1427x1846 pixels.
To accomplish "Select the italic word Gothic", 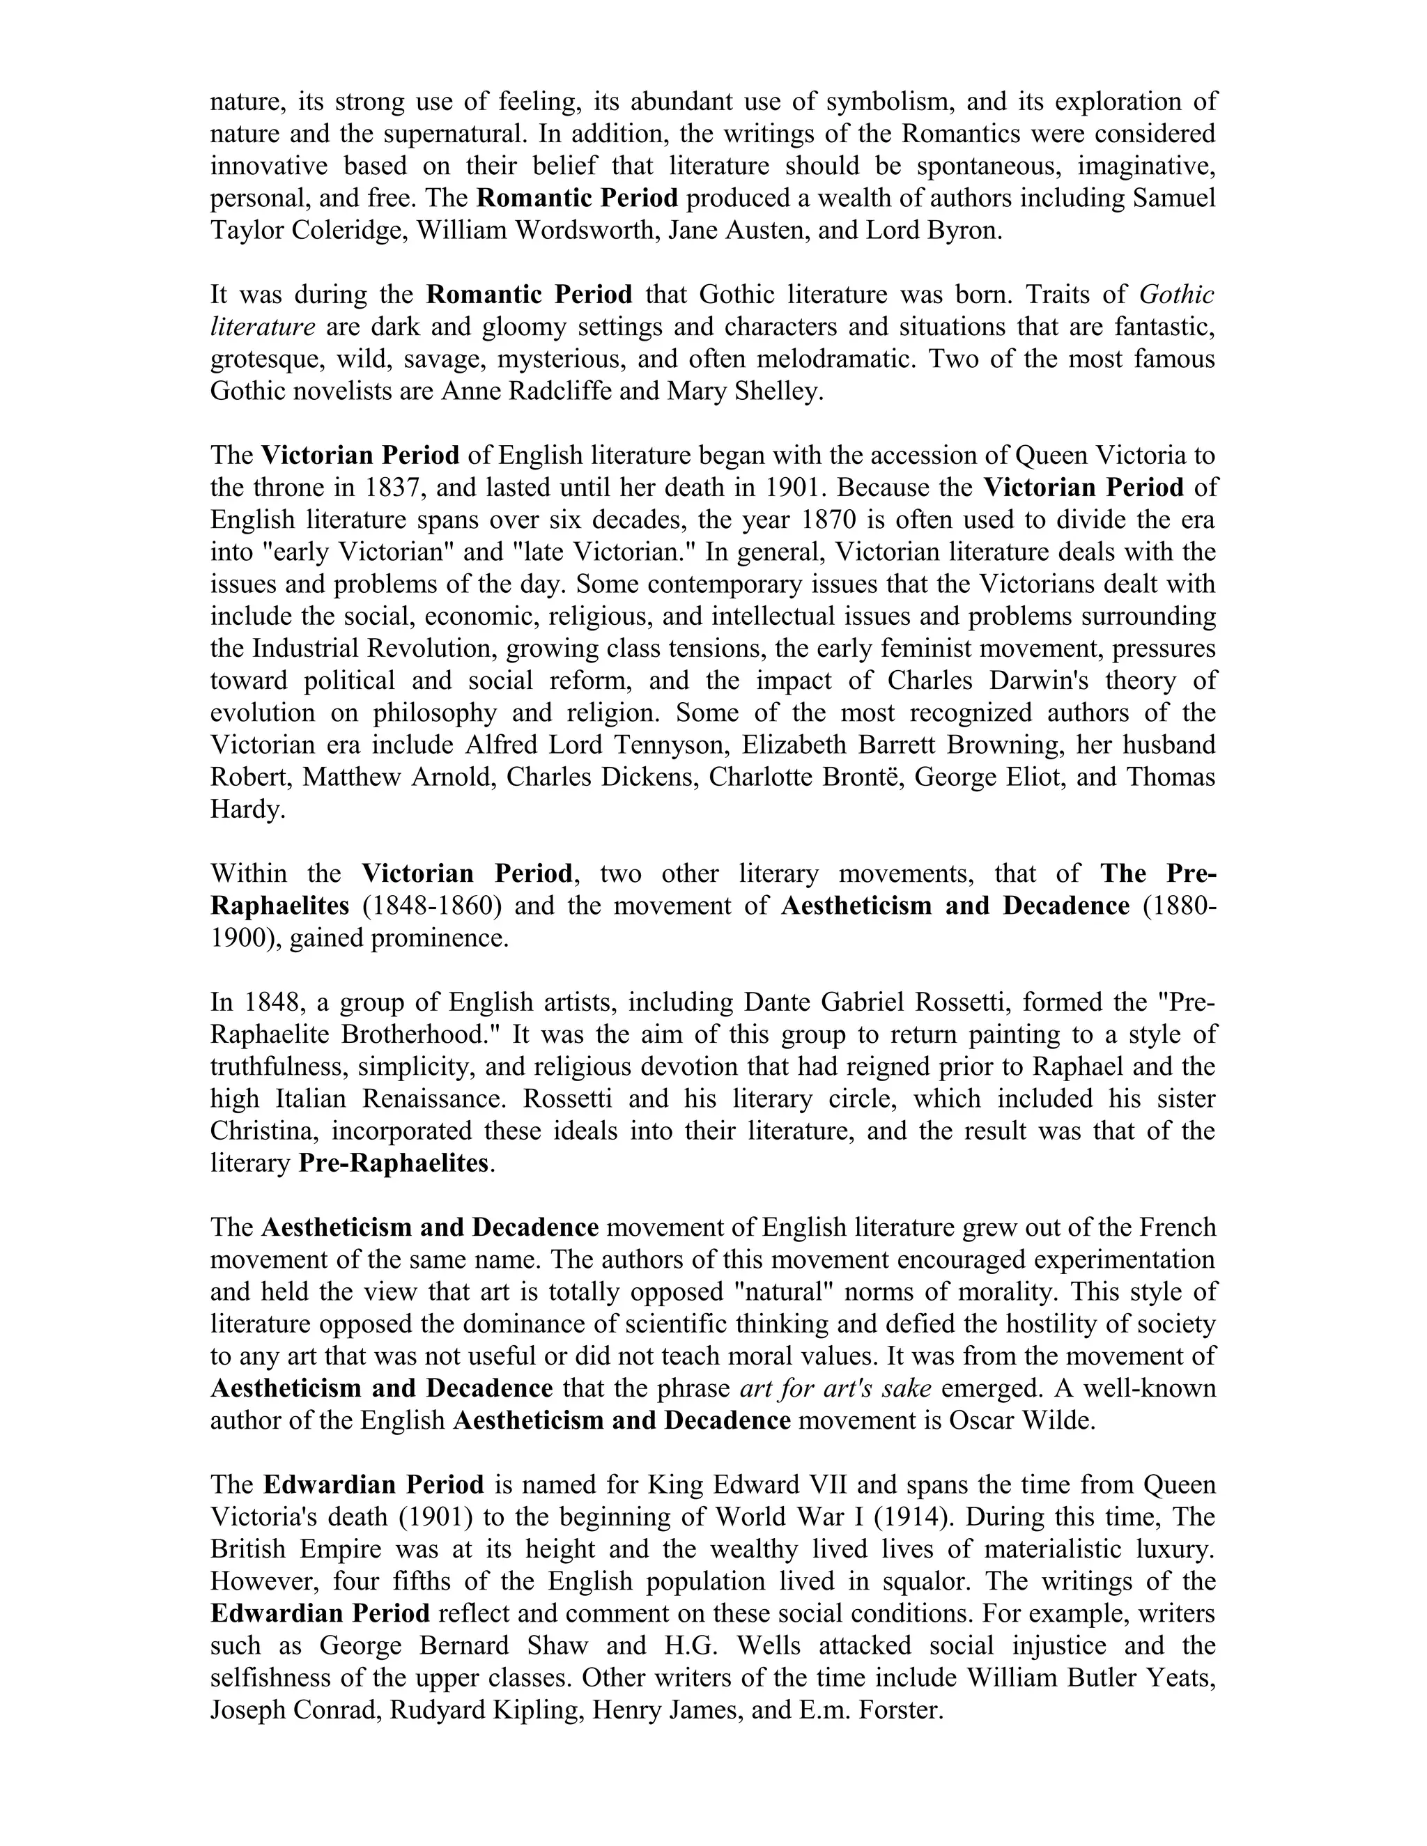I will [x=1176, y=295].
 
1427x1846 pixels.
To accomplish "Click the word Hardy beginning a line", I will [x=246, y=809].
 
